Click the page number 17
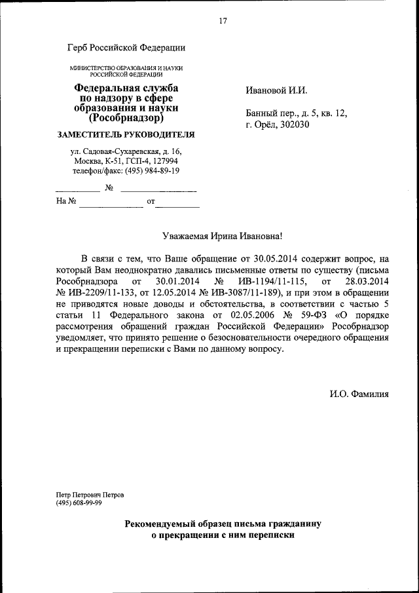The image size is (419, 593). tap(223, 21)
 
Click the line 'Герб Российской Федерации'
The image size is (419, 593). tap(126, 47)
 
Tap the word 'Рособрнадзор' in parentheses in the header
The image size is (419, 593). tap(126, 119)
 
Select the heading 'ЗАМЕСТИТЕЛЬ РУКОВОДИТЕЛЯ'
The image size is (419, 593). tap(126, 134)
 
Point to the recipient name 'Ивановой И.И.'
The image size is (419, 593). tap(276, 90)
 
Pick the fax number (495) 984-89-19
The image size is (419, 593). tap(152, 170)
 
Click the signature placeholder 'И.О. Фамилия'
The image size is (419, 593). tap(359, 394)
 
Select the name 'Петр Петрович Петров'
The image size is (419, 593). tap(90, 495)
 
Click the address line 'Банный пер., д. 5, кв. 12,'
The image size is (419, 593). tap(296, 113)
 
